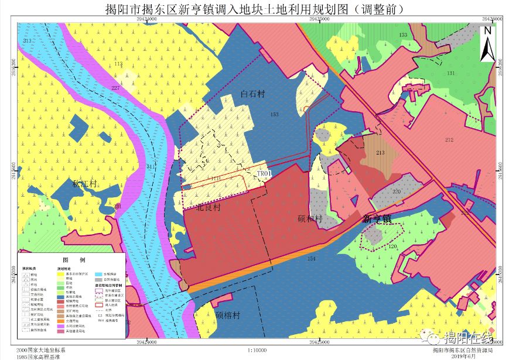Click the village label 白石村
pyautogui.click(x=253, y=94)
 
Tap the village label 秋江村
pyautogui.click(x=84, y=183)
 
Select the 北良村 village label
pyautogui.click(x=209, y=207)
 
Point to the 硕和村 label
pyautogui.click(x=310, y=219)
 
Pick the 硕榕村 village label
pyautogui.click(x=227, y=315)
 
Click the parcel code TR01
pyautogui.click(x=265, y=174)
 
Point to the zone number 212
pyautogui.click(x=449, y=139)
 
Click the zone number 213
pyautogui.click(x=380, y=153)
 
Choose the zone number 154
pyautogui.click(x=311, y=258)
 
